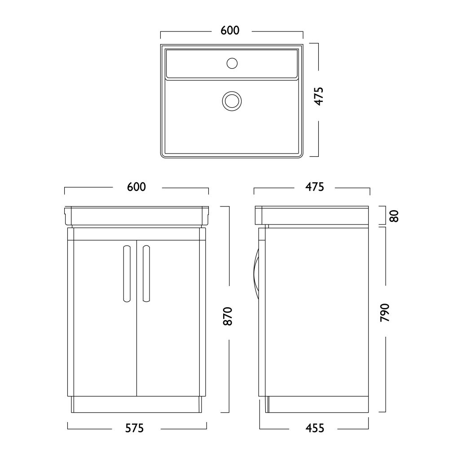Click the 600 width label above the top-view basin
coord(230,31)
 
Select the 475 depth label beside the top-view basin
coord(319,96)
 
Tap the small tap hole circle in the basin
coord(232,63)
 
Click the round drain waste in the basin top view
coord(232,101)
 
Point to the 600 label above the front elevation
coord(136,187)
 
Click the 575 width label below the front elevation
coord(135,428)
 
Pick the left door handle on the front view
coord(127,274)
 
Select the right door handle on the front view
coord(146,274)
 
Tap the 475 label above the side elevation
coord(315,187)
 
